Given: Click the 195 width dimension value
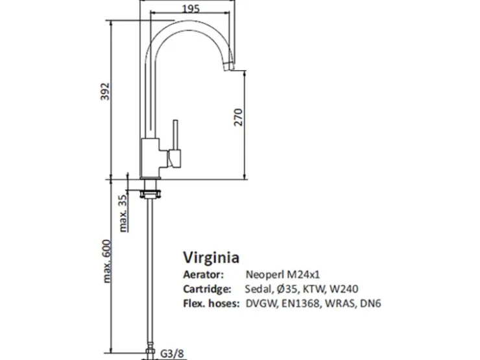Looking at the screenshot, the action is (x=191, y=8).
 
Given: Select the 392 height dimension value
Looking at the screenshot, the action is (x=105, y=91).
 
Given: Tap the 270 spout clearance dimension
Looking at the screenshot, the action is (x=238, y=117).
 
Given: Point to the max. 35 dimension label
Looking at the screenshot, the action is (x=123, y=213).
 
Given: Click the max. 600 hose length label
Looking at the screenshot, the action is (x=106, y=261).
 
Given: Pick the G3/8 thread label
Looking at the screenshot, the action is (x=173, y=354).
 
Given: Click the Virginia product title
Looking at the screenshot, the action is (x=211, y=258).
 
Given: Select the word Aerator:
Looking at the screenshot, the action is (x=204, y=274).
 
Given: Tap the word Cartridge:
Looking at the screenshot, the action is (x=208, y=289).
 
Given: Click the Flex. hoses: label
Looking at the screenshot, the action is (x=211, y=304).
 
